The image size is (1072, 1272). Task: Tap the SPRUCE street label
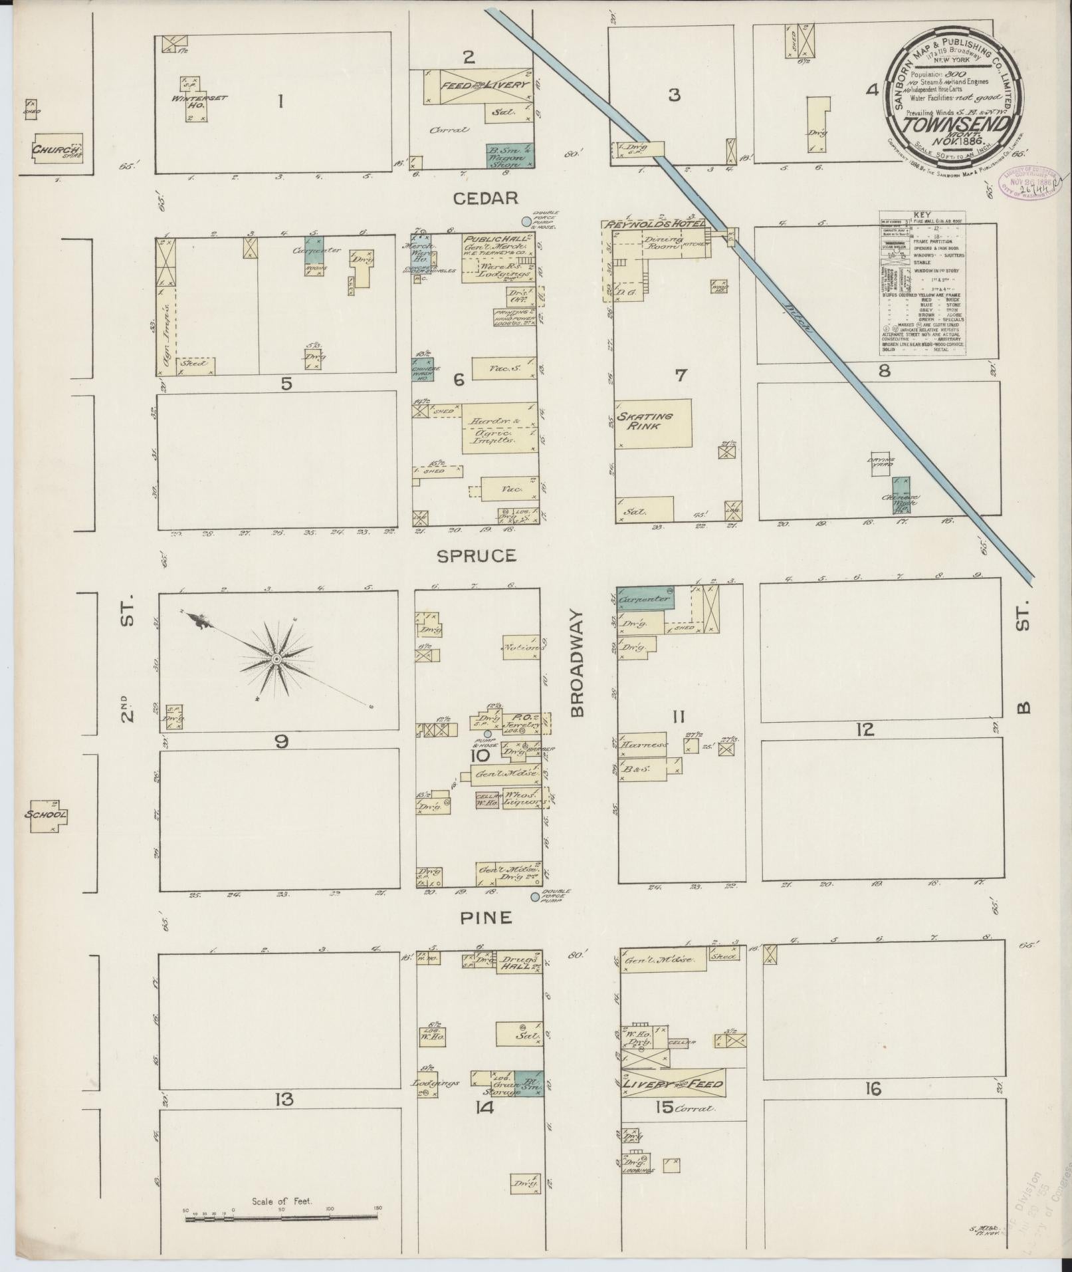pos(476,556)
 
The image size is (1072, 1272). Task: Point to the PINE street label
pos(487,918)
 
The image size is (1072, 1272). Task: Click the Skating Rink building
pos(653,423)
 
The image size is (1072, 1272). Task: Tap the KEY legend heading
pos(921,215)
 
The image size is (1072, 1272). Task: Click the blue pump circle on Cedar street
pos(526,221)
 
